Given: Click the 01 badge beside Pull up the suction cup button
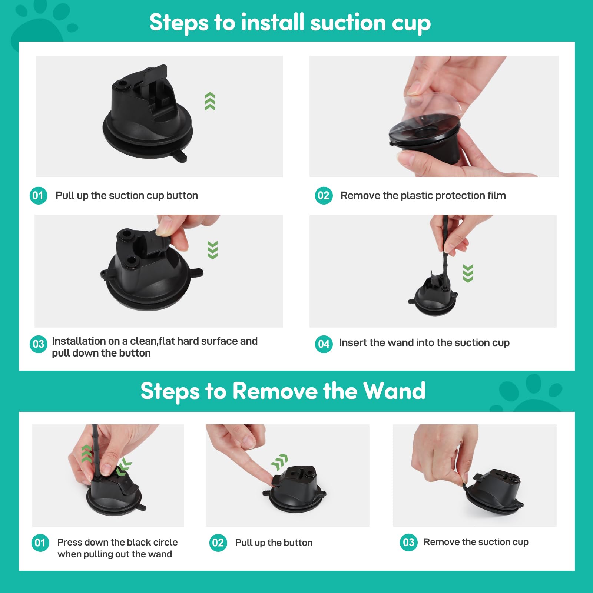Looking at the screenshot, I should tap(38, 196).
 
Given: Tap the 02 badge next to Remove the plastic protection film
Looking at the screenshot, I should tap(324, 196).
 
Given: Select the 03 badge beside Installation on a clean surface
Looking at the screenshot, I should tap(38, 344).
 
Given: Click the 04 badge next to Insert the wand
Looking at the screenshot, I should tap(324, 344).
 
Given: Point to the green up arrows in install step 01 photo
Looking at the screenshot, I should tap(210, 101).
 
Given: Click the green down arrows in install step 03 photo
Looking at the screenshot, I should tap(212, 250).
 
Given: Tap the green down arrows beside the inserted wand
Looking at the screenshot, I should tap(468, 274).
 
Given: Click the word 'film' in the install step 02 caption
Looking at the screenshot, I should tap(497, 195).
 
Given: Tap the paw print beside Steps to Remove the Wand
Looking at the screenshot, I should tap(530, 395).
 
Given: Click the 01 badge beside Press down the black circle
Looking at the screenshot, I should tap(40, 543).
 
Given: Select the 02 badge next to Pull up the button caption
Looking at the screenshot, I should tap(218, 543).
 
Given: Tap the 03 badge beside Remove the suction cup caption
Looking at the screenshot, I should tap(408, 543).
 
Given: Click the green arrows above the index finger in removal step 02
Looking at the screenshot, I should tap(280, 462).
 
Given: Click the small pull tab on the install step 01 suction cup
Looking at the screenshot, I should tap(180, 156).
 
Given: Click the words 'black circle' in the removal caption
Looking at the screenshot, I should tap(150, 542).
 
